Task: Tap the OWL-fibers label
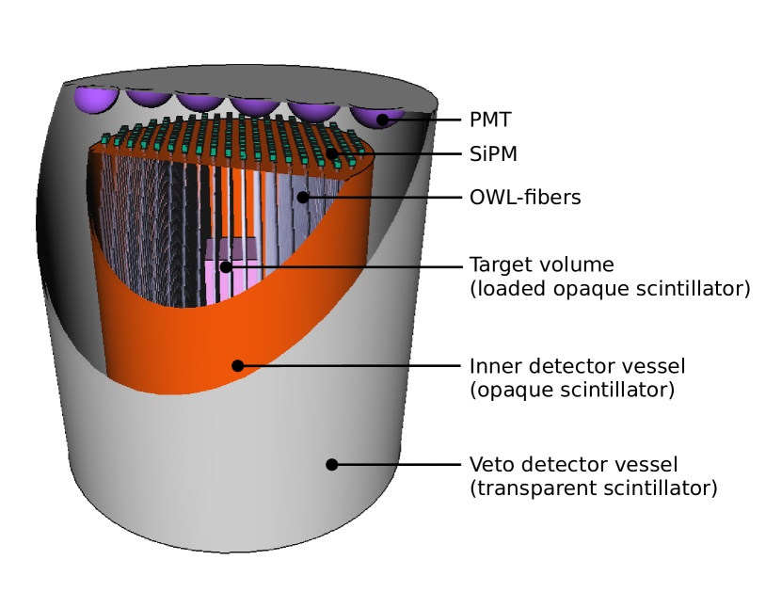[524, 198]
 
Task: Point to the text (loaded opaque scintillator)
[609, 289]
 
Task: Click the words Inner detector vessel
[577, 365]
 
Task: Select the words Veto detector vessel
[573, 465]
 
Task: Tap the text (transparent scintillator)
[593, 488]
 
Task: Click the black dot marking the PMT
[382, 120]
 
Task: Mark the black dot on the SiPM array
[331, 152]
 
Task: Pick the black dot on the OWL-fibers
[302, 197]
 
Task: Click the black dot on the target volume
[226, 266]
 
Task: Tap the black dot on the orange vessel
[237, 365]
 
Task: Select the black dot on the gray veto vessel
[331, 464]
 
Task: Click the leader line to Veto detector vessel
[395, 464]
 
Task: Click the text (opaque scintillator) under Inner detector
[571, 389]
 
